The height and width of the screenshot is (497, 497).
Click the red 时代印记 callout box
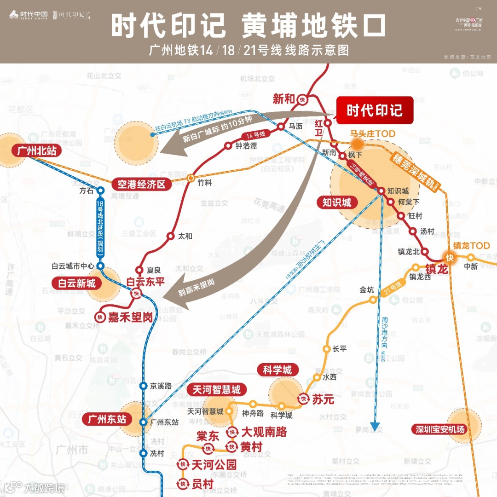(x=375, y=110)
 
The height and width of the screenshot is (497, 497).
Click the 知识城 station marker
(x=381, y=191)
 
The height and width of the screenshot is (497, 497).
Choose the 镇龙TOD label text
(x=471, y=246)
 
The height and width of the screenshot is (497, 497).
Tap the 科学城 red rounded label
(x=277, y=370)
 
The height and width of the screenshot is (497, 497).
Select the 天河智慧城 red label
(x=216, y=390)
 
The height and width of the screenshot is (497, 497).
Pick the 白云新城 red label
(x=77, y=283)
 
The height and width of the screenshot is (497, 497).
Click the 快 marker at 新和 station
(x=302, y=99)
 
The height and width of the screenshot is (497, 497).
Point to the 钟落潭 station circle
(x=228, y=145)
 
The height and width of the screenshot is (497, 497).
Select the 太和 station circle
(x=171, y=236)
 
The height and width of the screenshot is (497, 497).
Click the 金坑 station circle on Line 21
(x=373, y=300)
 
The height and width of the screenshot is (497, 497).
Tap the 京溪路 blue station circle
(x=143, y=386)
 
